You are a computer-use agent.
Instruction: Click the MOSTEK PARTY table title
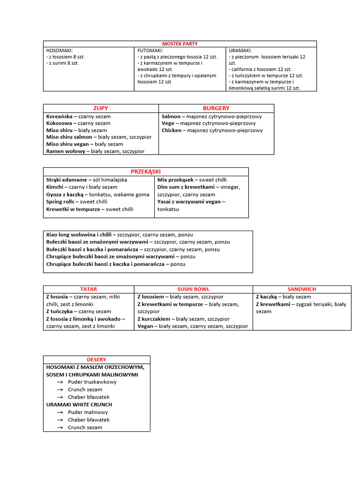click(180, 44)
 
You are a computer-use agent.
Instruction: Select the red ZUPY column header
click(101, 108)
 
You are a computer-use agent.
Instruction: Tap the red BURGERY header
click(216, 108)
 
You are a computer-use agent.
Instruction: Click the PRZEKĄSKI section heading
click(146, 172)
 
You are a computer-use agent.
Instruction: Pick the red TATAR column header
click(89, 289)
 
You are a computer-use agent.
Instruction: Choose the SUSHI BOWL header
click(193, 289)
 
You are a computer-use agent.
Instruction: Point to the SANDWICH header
click(302, 289)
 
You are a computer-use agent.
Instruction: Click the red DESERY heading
click(96, 360)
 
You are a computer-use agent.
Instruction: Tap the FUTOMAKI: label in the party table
click(150, 50)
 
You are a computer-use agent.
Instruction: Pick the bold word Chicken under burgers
click(172, 130)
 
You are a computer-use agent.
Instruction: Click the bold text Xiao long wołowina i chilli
click(79, 234)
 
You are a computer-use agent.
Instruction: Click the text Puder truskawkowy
click(92, 382)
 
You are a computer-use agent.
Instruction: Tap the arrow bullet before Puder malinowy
click(60, 412)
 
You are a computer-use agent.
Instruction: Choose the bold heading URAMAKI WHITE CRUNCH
click(79, 405)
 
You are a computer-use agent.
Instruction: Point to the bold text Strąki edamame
click(67, 180)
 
